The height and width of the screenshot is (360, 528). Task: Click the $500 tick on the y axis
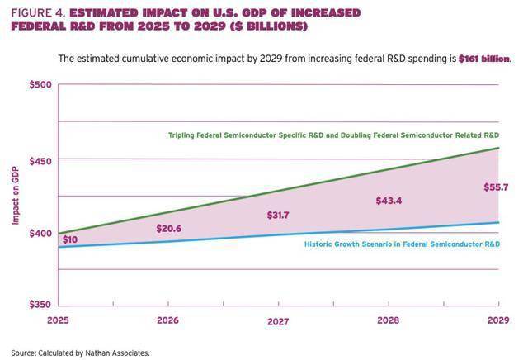point(40,84)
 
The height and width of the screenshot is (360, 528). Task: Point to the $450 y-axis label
point(40,159)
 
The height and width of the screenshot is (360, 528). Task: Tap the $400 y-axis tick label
point(40,234)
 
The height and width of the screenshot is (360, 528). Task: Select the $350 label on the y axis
point(40,306)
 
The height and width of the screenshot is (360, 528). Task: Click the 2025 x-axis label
point(57,320)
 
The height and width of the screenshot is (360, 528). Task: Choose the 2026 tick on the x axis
point(167,320)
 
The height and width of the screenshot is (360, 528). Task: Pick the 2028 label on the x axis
point(388,320)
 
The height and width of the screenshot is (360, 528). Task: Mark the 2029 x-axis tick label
point(497,320)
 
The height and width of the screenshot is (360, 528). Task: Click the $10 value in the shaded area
point(70,240)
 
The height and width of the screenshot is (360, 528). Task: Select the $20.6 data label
point(168,229)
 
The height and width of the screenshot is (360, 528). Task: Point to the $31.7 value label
point(279,216)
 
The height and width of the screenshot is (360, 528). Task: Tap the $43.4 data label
point(389,201)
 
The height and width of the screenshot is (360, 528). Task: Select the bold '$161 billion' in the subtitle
point(484,59)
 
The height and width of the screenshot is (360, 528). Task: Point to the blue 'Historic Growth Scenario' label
point(402,244)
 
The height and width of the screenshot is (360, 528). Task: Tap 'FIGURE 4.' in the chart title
point(37,12)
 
